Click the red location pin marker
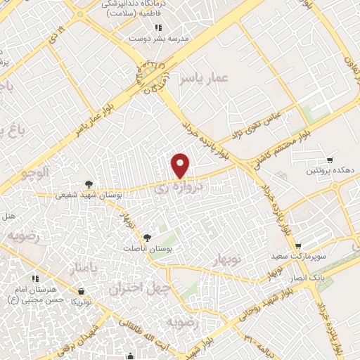click(181, 165)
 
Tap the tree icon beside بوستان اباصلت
click(147, 238)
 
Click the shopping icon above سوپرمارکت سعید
click(299, 246)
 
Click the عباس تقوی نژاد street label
click(257, 122)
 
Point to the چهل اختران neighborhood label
click(136, 288)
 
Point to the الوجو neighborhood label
click(33, 173)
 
